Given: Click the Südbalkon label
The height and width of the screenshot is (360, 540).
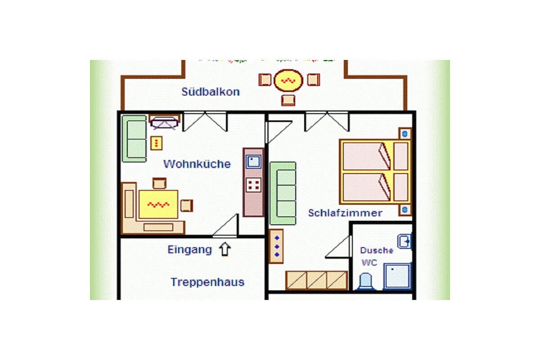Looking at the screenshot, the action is (210, 92).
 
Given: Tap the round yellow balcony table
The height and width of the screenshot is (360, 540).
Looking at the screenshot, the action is (288, 81).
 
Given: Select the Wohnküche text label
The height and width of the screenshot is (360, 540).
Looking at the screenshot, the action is (197, 164).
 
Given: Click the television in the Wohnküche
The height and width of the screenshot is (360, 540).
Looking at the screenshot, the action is (165, 122).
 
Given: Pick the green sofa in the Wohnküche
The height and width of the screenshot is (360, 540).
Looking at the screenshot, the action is (134, 139).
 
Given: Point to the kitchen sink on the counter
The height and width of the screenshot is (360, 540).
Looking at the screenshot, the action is (253, 162).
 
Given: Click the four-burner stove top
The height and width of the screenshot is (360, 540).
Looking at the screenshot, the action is (254, 185).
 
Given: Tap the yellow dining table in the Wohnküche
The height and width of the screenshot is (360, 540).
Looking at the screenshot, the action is (158, 205).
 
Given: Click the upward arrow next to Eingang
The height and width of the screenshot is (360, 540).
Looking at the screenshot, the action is (225, 249).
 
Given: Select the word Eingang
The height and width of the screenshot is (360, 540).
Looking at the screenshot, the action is (190, 250).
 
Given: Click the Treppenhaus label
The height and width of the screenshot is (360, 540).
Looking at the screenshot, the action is (207, 282).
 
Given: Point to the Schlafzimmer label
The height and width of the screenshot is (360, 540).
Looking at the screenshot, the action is (345, 213).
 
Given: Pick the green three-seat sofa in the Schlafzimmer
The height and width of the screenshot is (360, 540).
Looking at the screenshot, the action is (283, 193).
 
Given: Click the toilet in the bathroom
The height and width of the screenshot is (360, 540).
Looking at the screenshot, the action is (365, 281).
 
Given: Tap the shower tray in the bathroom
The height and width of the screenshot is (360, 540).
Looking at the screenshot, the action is (398, 276).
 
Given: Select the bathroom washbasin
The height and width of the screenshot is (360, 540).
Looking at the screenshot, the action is (404, 241).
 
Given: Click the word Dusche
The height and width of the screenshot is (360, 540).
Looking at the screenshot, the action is (377, 250).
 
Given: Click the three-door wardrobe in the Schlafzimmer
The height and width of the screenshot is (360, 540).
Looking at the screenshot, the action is (316, 280).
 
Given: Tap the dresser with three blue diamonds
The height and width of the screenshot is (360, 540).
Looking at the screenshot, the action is (276, 247).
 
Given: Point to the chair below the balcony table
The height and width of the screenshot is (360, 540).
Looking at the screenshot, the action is (288, 100).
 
